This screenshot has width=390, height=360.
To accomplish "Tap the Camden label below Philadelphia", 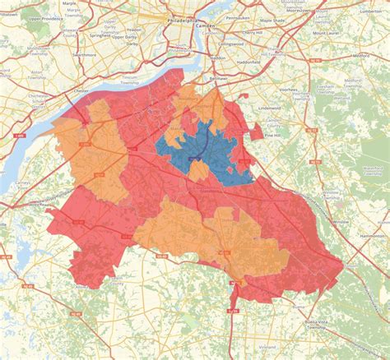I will coord(205,26).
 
